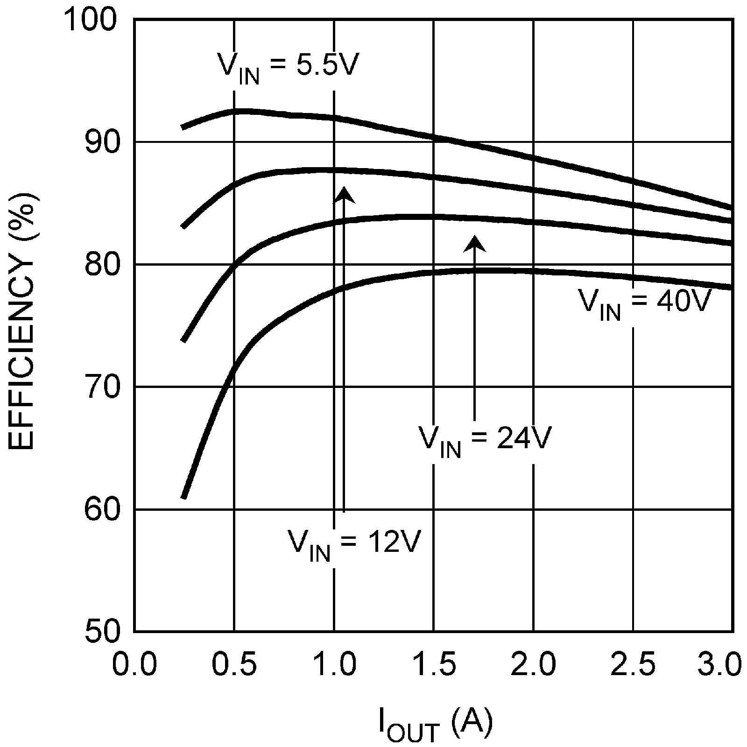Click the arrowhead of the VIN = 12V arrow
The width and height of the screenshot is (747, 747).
click(344, 194)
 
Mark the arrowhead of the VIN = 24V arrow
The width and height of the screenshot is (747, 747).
click(475, 243)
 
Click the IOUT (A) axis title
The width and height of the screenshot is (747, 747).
click(434, 725)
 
